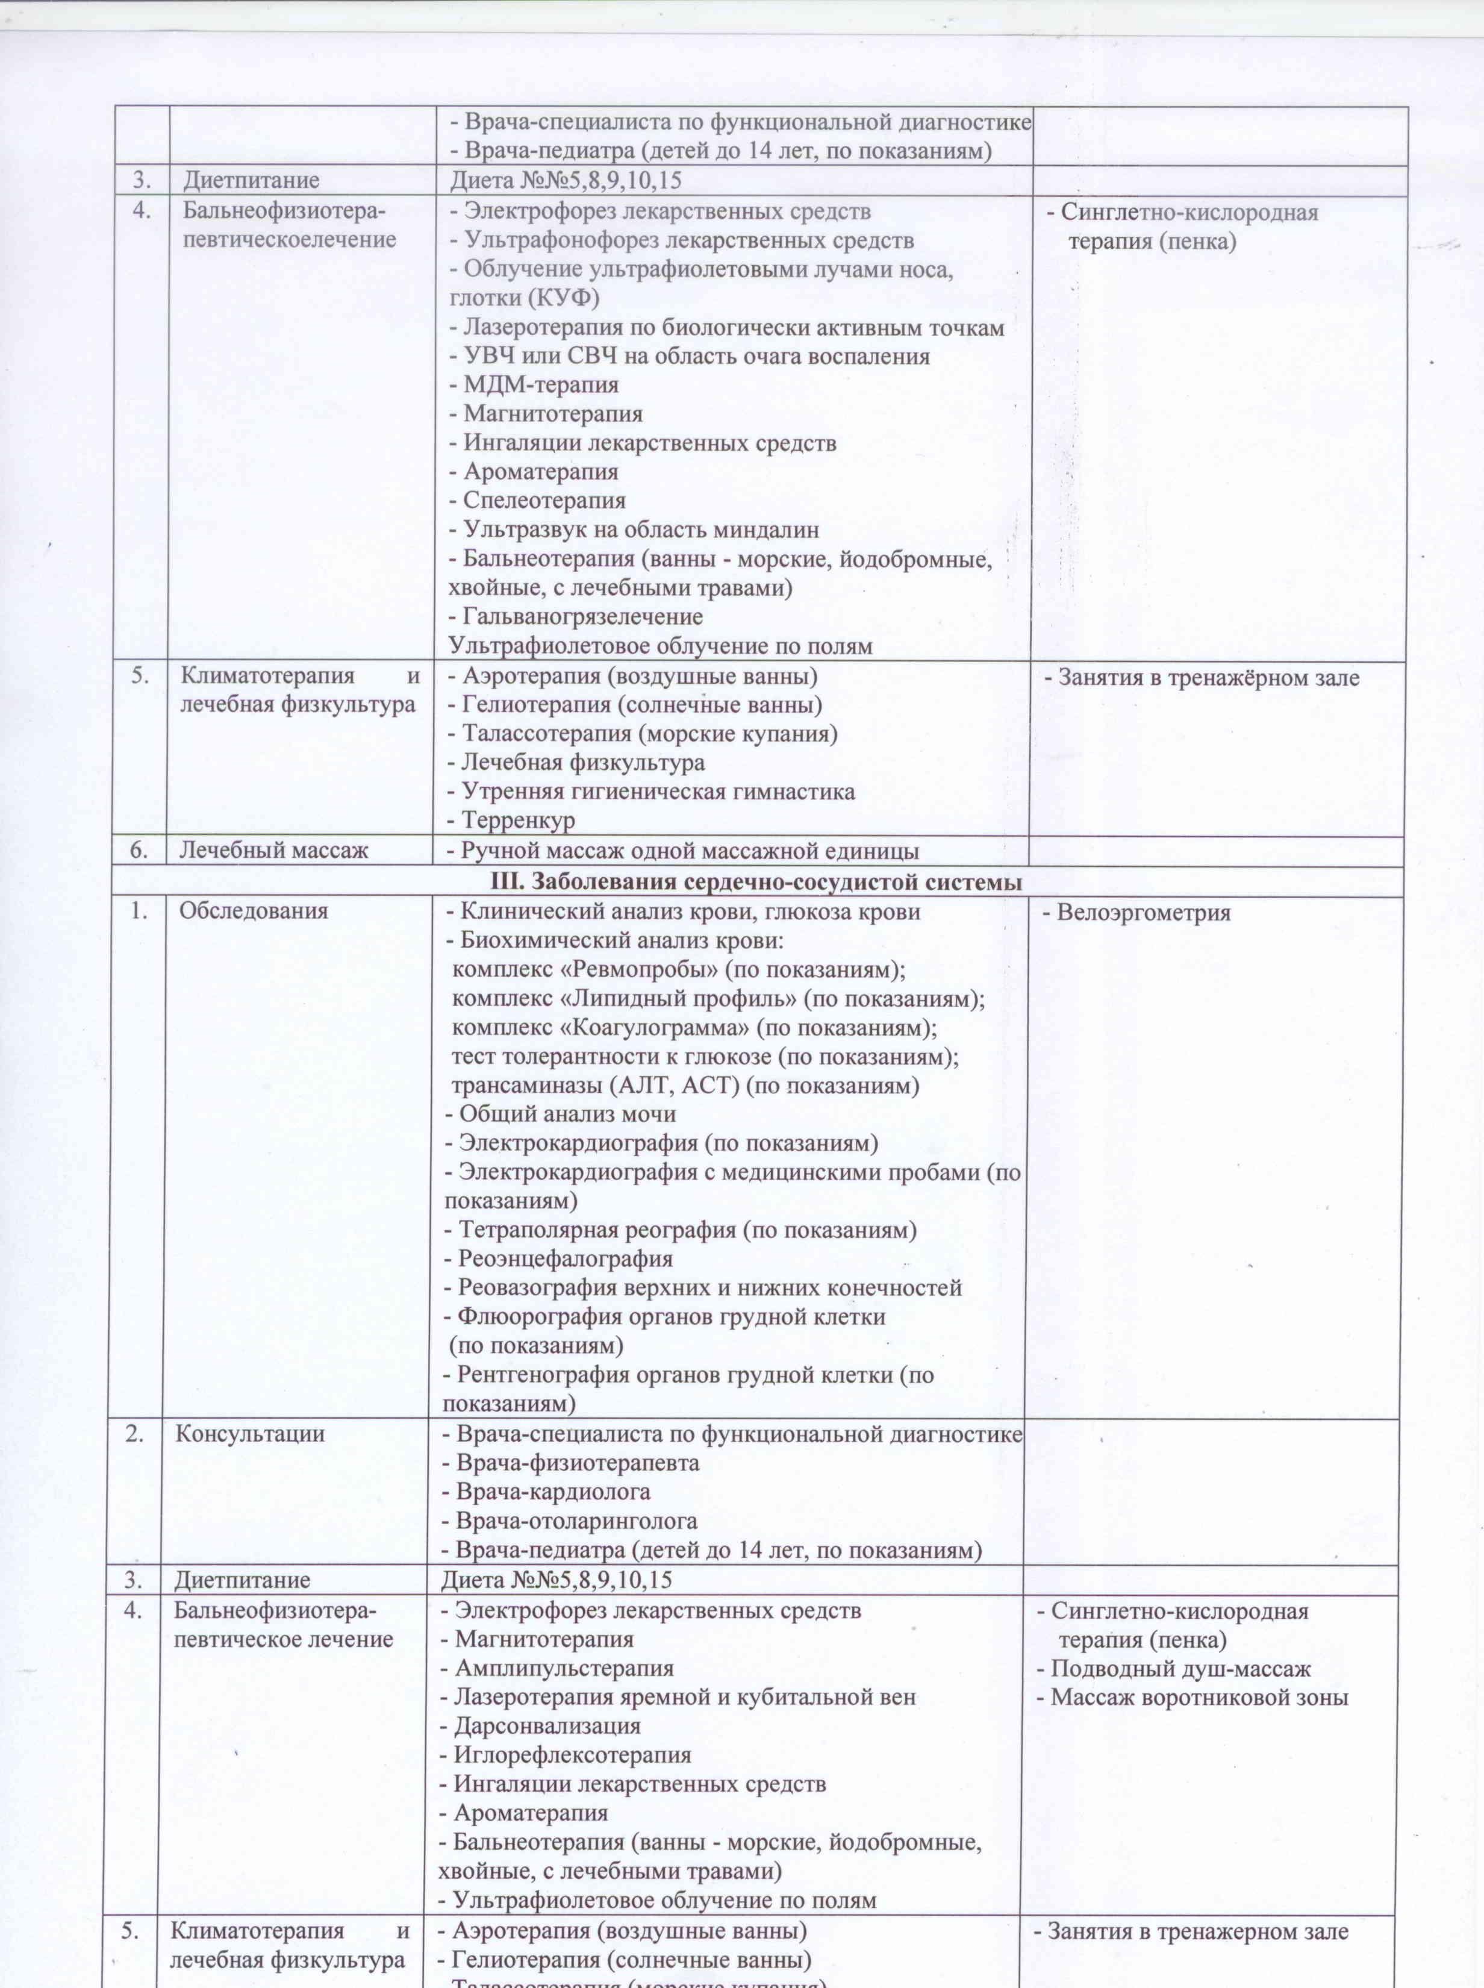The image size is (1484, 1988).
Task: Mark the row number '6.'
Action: (x=139, y=850)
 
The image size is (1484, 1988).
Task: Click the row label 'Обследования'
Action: (x=254, y=911)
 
